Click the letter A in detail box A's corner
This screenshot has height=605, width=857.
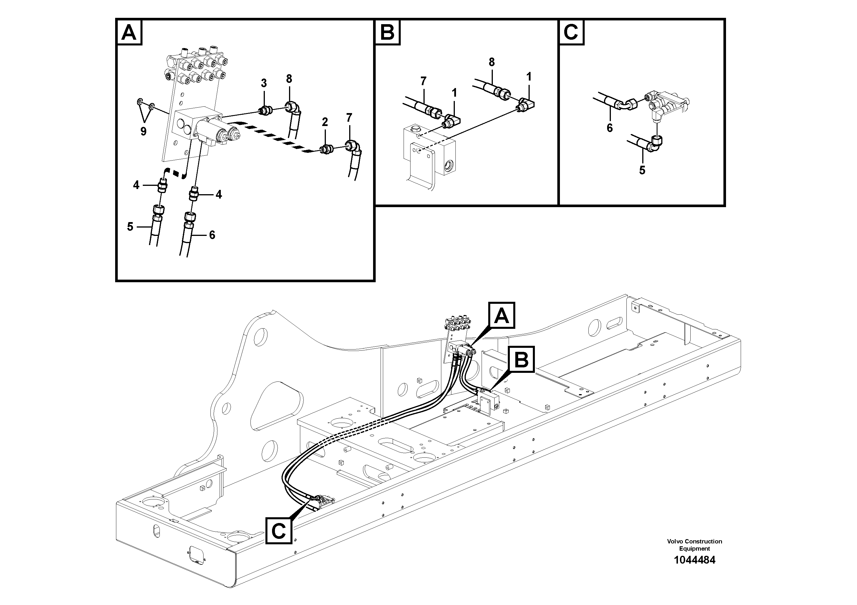[129, 33]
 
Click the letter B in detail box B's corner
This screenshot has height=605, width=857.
[387, 33]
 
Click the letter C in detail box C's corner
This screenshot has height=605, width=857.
[571, 33]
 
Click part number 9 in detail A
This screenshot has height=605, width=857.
[143, 131]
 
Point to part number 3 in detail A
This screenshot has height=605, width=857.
[264, 83]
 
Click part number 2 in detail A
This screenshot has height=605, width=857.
[325, 122]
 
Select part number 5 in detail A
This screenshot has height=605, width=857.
[130, 226]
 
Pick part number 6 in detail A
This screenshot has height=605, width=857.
[212, 235]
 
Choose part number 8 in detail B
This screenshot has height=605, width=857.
[492, 62]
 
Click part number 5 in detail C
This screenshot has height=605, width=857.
[642, 170]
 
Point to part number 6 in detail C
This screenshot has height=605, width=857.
[609, 128]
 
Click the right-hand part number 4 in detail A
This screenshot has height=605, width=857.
[219, 194]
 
